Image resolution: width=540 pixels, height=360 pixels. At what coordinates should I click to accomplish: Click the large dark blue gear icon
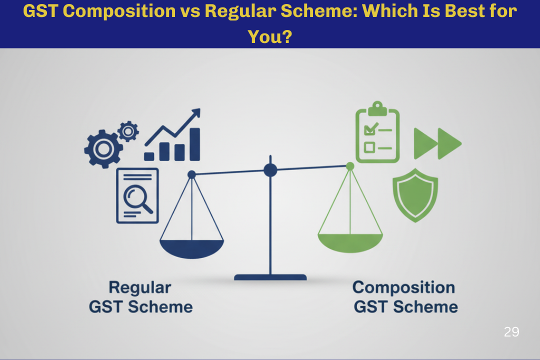(x=103, y=149)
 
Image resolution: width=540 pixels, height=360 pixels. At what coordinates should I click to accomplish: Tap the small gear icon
(x=128, y=131)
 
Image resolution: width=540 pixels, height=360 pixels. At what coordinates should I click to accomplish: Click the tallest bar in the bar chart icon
(x=195, y=144)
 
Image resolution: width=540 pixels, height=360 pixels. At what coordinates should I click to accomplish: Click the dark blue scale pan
(x=192, y=248)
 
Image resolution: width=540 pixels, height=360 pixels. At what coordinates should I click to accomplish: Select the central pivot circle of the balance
(x=270, y=170)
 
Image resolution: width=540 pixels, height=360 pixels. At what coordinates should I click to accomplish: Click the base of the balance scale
(x=270, y=277)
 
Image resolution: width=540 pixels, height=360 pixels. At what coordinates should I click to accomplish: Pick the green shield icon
(x=415, y=195)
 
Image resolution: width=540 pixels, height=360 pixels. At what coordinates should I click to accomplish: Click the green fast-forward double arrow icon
(x=437, y=143)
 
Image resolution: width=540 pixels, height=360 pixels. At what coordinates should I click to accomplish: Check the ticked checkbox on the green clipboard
(x=370, y=129)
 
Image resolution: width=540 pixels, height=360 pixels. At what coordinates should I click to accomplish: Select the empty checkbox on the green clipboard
(x=369, y=147)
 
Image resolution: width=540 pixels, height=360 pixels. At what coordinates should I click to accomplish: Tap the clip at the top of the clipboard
(x=377, y=108)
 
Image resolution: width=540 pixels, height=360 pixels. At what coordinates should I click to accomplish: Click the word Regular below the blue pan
(x=140, y=288)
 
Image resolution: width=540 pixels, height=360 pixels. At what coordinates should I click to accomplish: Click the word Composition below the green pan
(x=403, y=287)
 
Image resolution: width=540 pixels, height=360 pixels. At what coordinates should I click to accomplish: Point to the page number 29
(x=511, y=332)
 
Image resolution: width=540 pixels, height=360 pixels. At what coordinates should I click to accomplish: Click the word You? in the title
(x=270, y=36)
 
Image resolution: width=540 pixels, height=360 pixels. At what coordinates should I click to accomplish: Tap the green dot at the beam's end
(x=350, y=166)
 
